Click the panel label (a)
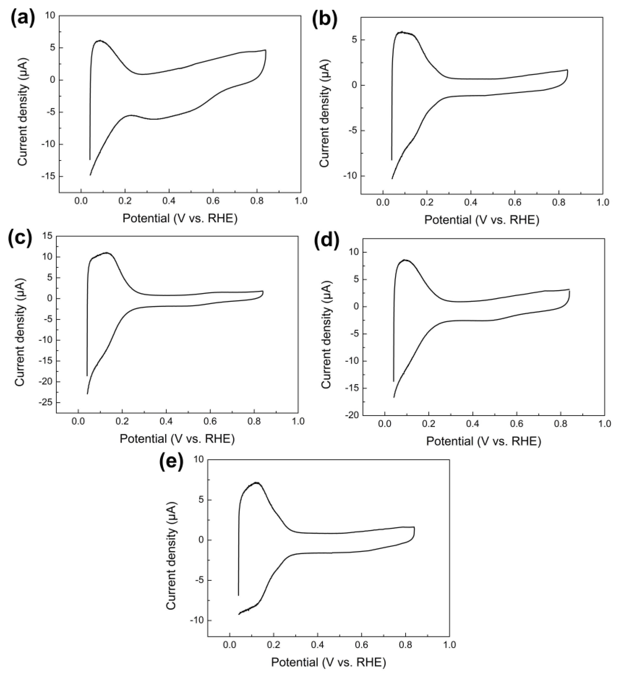[x=22, y=20]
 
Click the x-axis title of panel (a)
[x=180, y=219]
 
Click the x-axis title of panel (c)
[x=177, y=439]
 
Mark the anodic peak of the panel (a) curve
[x=100, y=41]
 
